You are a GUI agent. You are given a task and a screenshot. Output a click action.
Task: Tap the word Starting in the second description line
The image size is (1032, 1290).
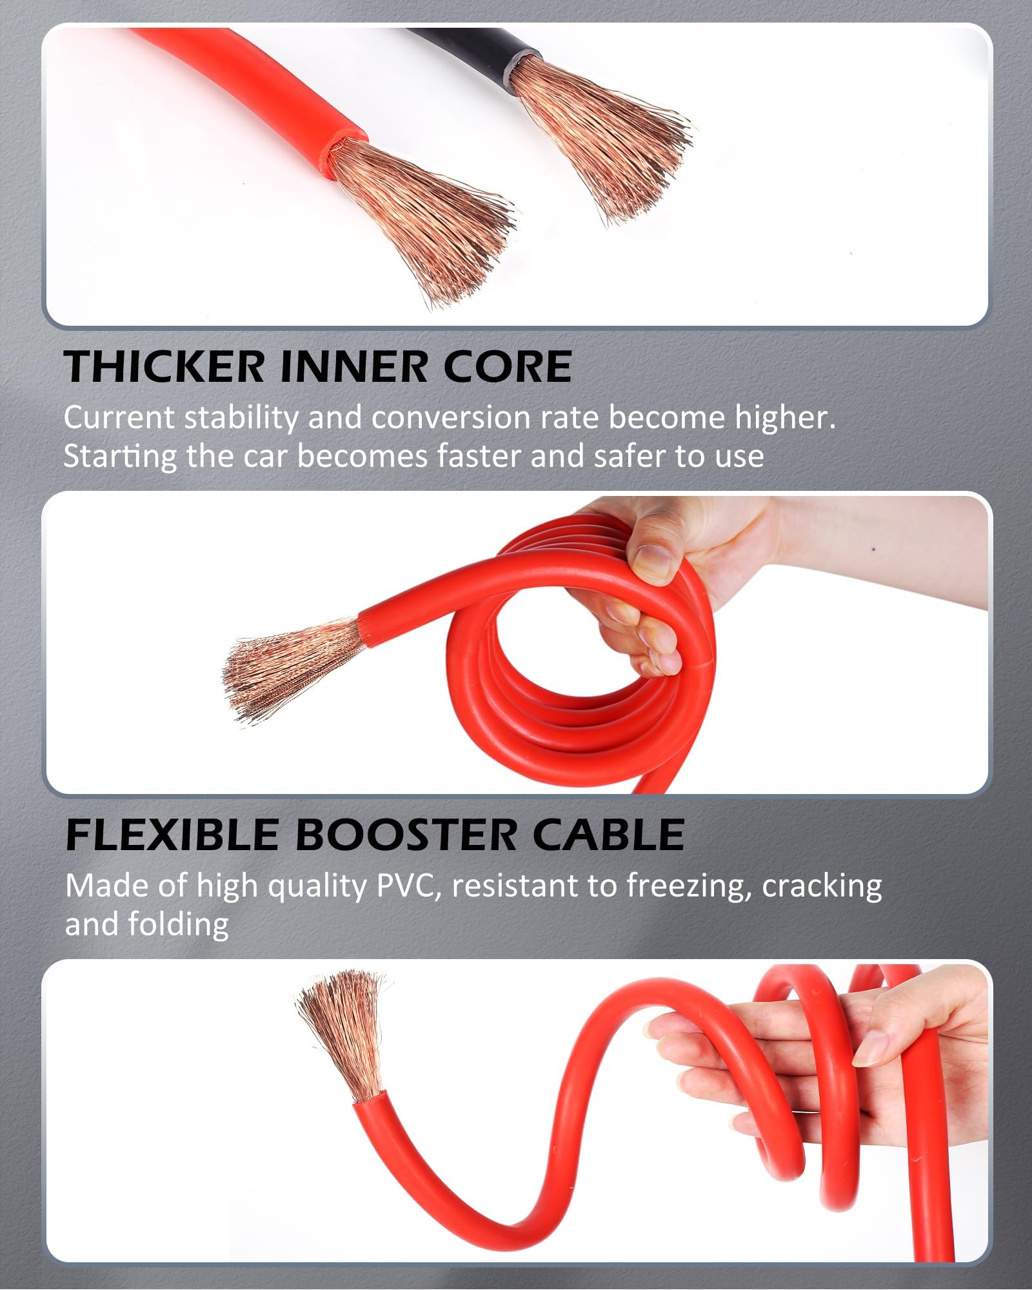119,457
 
